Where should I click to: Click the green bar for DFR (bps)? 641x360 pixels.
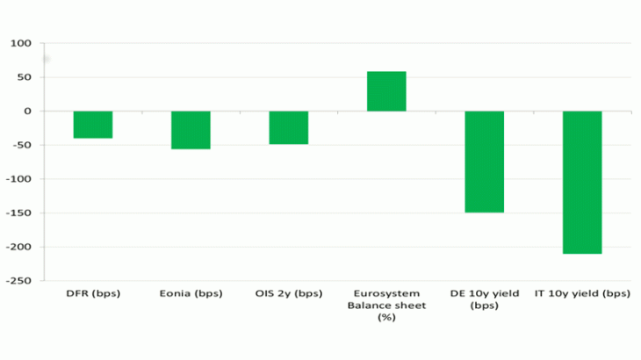pos(92,125)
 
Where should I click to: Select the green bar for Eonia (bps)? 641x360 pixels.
pos(191,130)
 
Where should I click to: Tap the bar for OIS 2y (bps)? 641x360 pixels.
pos(288,127)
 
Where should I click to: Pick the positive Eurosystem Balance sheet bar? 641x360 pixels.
pos(386,91)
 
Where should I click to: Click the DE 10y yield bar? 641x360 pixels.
pos(484,162)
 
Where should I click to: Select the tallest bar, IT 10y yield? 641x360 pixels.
pos(582,182)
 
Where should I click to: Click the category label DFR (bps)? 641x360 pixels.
pos(93,293)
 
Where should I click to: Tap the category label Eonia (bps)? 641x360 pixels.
pos(191,293)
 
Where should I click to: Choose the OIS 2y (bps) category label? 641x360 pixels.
pos(289,293)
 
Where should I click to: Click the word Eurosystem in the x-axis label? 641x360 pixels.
pos(386,293)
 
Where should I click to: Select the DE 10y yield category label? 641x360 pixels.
pos(484,299)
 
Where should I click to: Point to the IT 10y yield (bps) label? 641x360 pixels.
pos(582,293)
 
